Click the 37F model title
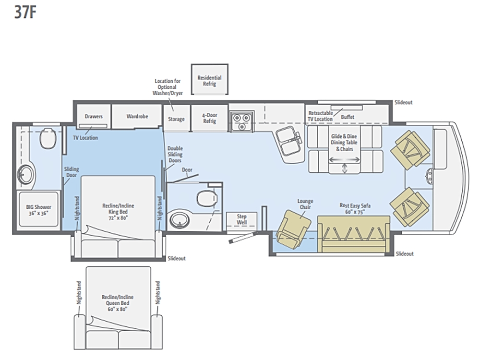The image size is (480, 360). (25, 12)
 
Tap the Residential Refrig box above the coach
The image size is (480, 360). (210, 79)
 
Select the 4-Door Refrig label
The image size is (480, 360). (210, 118)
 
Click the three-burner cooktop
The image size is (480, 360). (242, 121)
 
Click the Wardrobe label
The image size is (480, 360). (137, 116)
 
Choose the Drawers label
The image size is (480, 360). (94, 116)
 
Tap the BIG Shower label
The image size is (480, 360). (38, 210)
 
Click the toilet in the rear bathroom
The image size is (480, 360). (48, 138)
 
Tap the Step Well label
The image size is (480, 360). (241, 219)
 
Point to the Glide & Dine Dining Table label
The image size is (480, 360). (344, 143)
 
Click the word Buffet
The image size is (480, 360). (348, 117)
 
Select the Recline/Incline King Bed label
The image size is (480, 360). (118, 212)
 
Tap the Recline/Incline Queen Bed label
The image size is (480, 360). (118, 303)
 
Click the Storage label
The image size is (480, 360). (176, 119)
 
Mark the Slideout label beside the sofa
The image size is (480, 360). (405, 254)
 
